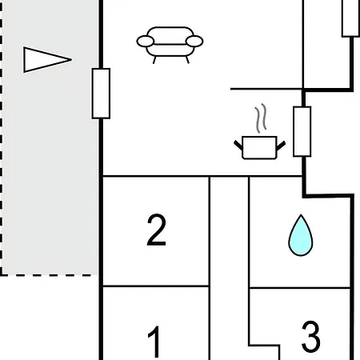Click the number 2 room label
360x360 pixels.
[156, 230]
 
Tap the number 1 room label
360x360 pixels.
[154, 342]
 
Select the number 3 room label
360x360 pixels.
[310, 337]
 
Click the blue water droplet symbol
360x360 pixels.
[301, 235]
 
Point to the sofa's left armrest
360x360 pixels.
[146, 42]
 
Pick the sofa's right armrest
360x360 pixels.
[194, 42]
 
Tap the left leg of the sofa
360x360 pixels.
[154, 60]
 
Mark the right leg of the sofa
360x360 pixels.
[187, 60]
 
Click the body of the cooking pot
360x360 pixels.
[259, 148]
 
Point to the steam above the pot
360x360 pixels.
[261, 118]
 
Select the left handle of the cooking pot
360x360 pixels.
[238, 145]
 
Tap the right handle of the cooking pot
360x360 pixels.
[281, 146]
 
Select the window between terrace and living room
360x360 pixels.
[101, 94]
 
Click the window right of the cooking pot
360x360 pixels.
[302, 131]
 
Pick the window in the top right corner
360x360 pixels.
[350, 18]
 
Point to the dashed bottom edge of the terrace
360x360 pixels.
[49, 275]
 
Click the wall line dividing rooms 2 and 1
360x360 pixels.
[156, 286]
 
